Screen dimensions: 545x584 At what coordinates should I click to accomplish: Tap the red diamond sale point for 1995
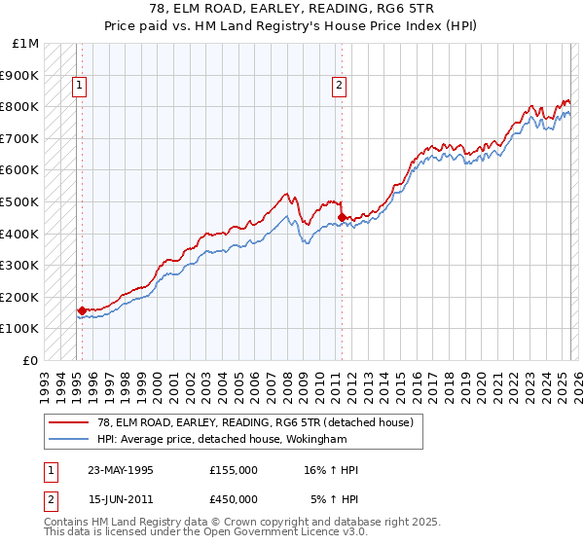(x=82, y=311)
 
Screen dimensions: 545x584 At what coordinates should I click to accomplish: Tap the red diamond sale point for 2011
(x=342, y=217)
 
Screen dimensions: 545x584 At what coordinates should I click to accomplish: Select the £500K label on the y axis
(x=21, y=202)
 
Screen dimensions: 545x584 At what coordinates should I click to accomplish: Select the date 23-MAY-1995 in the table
(x=122, y=470)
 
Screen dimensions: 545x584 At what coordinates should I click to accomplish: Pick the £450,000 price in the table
(x=234, y=499)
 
